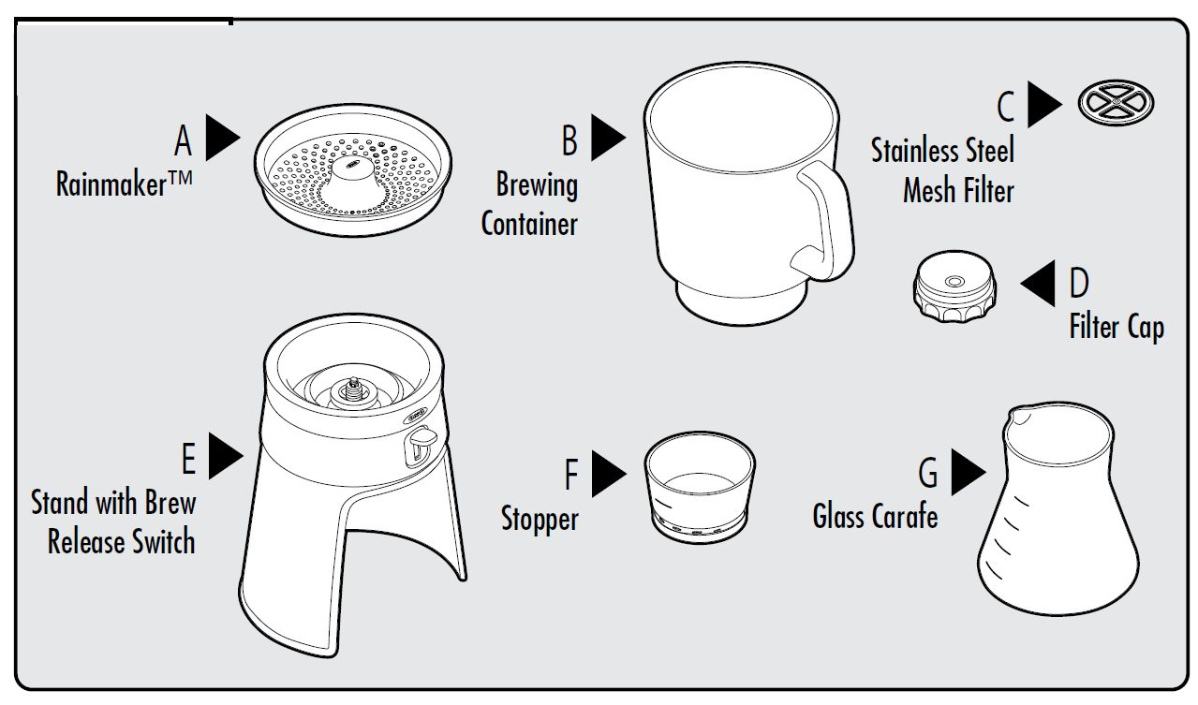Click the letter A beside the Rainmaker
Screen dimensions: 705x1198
pyautogui.click(x=183, y=141)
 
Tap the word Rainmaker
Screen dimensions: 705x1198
pyautogui.click(x=112, y=184)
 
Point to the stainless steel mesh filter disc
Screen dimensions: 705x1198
pyautogui.click(x=1116, y=103)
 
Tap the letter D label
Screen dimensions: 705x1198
pyautogui.click(x=1078, y=283)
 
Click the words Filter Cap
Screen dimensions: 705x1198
pyautogui.click(x=1117, y=327)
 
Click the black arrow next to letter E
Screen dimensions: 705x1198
pyautogui.click(x=225, y=455)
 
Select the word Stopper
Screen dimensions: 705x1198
pyautogui.click(x=540, y=518)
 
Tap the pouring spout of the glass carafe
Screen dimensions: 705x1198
pyautogui.click(x=1020, y=416)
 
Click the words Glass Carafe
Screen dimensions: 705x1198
pyautogui.click(x=875, y=516)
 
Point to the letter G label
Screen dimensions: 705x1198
pyautogui.click(x=927, y=473)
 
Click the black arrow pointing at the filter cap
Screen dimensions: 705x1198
pyautogui.click(x=1038, y=283)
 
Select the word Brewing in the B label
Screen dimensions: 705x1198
pyautogui.click(x=537, y=184)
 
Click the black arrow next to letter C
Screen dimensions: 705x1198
pyautogui.click(x=1043, y=104)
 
